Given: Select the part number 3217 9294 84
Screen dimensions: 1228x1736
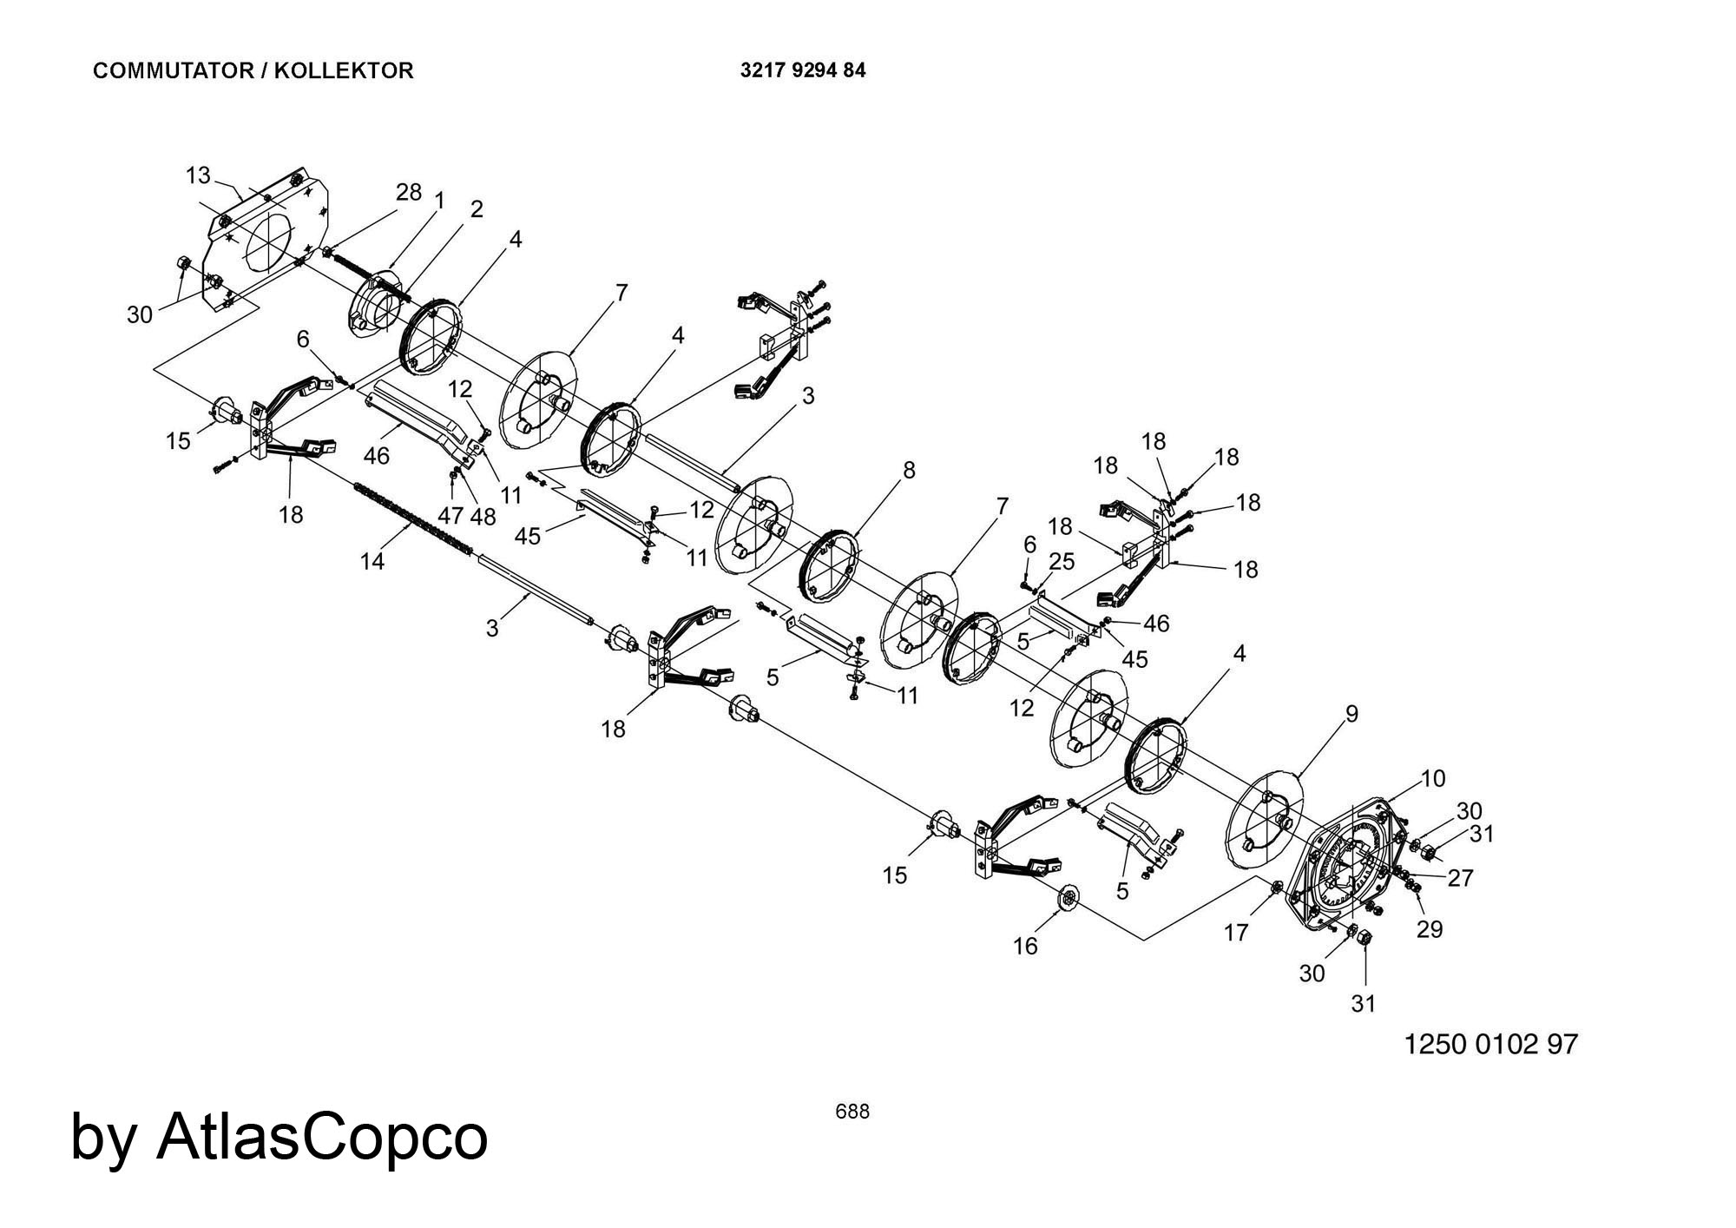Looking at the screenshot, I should click(802, 71).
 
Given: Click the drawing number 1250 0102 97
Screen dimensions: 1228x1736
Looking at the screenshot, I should click(1490, 1044).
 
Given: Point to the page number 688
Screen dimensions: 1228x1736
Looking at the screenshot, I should click(852, 1112).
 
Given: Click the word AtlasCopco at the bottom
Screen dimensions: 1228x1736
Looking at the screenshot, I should click(321, 1137).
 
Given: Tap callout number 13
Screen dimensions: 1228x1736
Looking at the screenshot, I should click(198, 176).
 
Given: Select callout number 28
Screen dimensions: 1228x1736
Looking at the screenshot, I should click(409, 192).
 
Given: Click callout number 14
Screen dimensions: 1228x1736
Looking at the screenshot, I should click(372, 562).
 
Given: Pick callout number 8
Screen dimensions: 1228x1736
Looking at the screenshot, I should click(909, 471).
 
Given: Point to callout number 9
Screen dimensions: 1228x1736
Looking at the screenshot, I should click(1351, 714).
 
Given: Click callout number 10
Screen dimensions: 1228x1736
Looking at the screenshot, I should click(1433, 778).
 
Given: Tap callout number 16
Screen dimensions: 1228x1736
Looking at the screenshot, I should click(1025, 947).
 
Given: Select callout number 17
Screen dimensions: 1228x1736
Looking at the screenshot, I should click(1236, 933).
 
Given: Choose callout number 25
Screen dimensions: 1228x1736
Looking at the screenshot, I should click(1062, 562).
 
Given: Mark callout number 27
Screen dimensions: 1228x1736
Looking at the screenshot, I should click(1461, 878).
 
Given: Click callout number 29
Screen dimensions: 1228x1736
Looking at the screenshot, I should click(1430, 929).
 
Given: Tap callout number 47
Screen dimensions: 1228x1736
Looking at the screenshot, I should click(450, 516).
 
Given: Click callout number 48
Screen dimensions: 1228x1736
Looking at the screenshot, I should click(483, 516).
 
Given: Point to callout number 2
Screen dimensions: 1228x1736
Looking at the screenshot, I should click(477, 209).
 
